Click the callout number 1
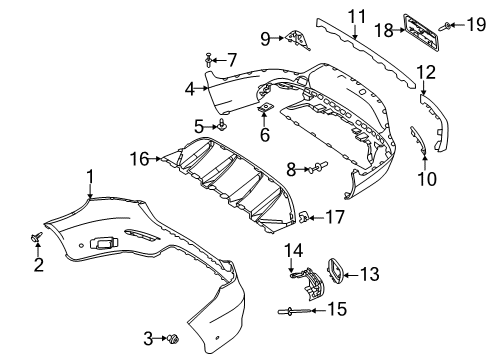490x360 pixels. pyautogui.click(x=90, y=177)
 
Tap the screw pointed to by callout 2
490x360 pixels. pyautogui.click(x=36, y=237)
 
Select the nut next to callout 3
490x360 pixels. pyautogui.click(x=173, y=339)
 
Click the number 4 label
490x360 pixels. pyautogui.click(x=190, y=89)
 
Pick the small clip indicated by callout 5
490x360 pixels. pyautogui.click(x=222, y=125)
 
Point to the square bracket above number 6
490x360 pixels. pyautogui.click(x=265, y=107)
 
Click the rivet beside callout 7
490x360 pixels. pyautogui.click(x=208, y=59)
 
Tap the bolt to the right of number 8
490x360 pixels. pyautogui.click(x=319, y=167)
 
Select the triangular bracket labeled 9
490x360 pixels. pyautogui.click(x=298, y=40)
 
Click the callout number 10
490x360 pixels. pyautogui.click(x=427, y=179)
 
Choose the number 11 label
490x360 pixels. pyautogui.click(x=357, y=16)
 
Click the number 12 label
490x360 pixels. pyautogui.click(x=426, y=72)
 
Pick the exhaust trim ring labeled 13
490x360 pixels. pyautogui.click(x=335, y=271)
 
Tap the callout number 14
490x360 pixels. pyautogui.click(x=294, y=251)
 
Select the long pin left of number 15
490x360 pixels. pyautogui.click(x=294, y=311)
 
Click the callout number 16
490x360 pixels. pyautogui.click(x=139, y=159)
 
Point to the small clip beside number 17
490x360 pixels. pyautogui.click(x=303, y=217)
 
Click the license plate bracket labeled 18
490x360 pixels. pyautogui.click(x=420, y=32)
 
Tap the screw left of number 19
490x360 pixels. pyautogui.click(x=445, y=26)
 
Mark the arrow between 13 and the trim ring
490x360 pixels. pyautogui.click(x=351, y=275)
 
